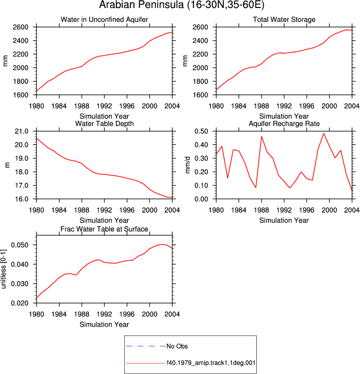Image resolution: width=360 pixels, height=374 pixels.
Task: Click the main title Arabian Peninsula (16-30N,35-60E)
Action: [x=182, y=5]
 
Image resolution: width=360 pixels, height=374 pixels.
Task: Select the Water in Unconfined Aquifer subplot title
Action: [x=104, y=19]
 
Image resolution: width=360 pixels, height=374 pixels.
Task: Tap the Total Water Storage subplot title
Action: [x=284, y=19]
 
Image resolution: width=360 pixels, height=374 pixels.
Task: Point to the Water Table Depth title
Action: [x=104, y=123]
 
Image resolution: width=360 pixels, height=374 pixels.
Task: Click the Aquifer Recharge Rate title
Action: [x=284, y=123]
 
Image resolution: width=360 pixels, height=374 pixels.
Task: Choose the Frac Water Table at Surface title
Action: [x=104, y=229]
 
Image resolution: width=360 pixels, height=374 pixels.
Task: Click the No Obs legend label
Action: [x=177, y=346]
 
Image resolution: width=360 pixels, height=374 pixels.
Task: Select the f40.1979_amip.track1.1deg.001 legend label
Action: [x=211, y=363]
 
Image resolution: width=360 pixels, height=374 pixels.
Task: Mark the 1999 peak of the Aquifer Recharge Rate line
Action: [x=324, y=133]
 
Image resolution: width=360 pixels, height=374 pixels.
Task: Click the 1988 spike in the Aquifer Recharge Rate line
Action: [x=262, y=136]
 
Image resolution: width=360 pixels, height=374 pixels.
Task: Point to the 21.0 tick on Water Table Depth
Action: [x=21, y=131]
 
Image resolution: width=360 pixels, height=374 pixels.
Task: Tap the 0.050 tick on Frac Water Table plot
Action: [x=19, y=245]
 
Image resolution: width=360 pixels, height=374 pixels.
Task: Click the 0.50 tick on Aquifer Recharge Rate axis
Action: [x=201, y=131]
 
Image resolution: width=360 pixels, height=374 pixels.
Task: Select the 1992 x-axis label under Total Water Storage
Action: [x=284, y=106]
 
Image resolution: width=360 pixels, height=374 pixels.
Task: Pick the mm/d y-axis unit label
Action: [x=188, y=165]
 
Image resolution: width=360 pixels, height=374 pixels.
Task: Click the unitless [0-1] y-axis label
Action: [x=3, y=269]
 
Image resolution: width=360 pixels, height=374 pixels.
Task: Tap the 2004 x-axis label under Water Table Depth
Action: [x=172, y=210]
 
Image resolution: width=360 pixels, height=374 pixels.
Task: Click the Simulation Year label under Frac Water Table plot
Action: [x=104, y=325]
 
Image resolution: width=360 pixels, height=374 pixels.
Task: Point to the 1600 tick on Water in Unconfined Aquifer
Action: [x=20, y=95]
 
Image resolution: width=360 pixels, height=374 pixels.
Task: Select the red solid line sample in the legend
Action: [x=146, y=364]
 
